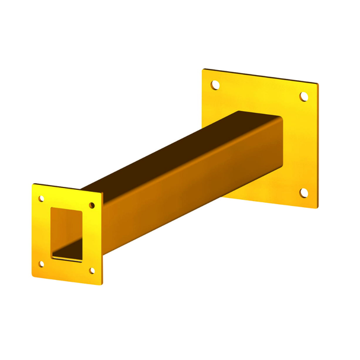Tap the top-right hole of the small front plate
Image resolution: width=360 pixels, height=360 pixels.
[x=92, y=205]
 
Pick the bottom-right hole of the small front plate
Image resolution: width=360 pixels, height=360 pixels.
[x=92, y=271]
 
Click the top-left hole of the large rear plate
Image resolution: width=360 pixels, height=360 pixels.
[x=215, y=84]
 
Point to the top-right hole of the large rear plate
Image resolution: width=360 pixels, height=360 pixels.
[x=304, y=96]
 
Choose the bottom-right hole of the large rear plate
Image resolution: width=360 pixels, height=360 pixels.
[x=304, y=192]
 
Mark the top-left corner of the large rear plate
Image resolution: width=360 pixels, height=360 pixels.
[x=203, y=70]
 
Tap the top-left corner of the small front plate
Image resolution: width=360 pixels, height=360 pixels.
[x=33, y=184]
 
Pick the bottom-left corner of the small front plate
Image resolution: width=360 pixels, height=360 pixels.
[x=33, y=275]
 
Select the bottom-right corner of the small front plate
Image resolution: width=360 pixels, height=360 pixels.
[x=102, y=286]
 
